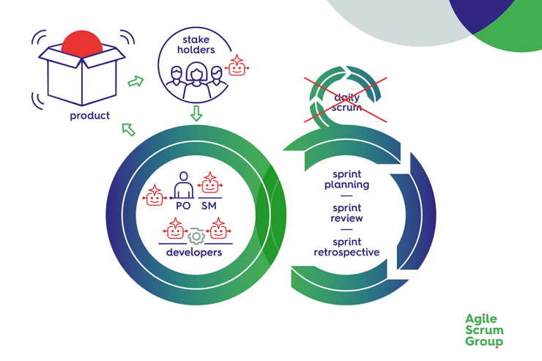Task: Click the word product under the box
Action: pyautogui.click(x=89, y=116)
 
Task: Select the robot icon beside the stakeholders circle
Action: pyautogui.click(x=237, y=67)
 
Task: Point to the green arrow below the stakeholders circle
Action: pyautogui.click(x=196, y=113)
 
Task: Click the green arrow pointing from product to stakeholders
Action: pyautogui.click(x=135, y=81)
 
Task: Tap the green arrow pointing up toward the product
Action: pyautogui.click(x=128, y=130)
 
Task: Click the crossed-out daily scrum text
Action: pyautogui.click(x=347, y=102)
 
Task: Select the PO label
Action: pyautogui.click(x=183, y=206)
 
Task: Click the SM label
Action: pyautogui.click(x=209, y=206)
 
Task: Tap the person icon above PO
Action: pyautogui.click(x=183, y=185)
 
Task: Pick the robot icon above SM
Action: pyautogui.click(x=210, y=182)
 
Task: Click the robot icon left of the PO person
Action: pyautogui.click(x=155, y=196)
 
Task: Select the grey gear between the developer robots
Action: pyautogui.click(x=196, y=236)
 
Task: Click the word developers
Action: pyautogui.click(x=194, y=253)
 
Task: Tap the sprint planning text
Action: pyautogui.click(x=346, y=179)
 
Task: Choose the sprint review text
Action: pyautogui.click(x=346, y=213)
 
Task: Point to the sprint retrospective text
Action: pyautogui.click(x=346, y=247)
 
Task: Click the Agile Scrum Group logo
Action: pyautogui.click(x=484, y=330)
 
